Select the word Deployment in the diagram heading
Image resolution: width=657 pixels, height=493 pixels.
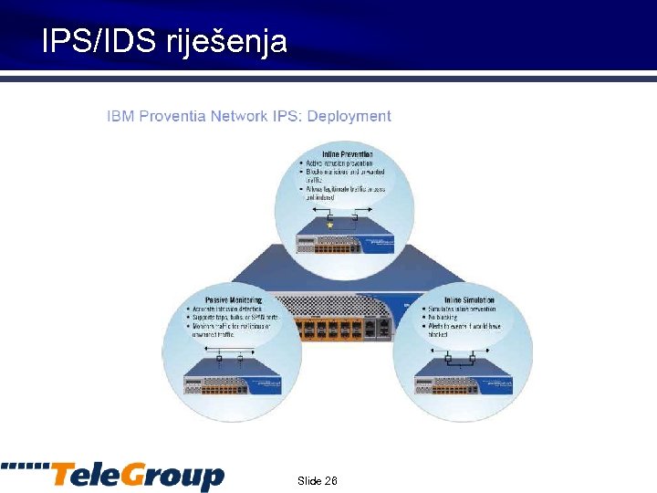click(349, 116)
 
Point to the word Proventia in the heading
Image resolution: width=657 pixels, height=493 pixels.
click(172, 116)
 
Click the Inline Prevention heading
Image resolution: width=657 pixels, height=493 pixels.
click(347, 154)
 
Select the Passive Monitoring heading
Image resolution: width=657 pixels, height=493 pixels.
click(234, 299)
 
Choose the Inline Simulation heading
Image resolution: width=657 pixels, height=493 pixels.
click(469, 299)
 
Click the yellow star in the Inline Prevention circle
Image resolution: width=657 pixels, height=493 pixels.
click(329, 224)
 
